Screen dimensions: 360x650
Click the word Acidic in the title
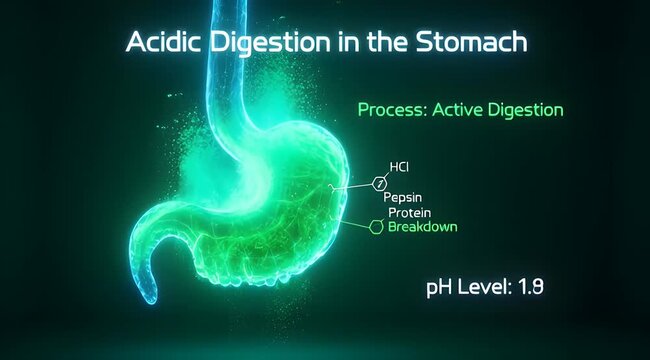point(158,44)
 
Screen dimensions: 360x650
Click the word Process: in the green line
point(391,109)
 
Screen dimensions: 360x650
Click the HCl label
point(400,168)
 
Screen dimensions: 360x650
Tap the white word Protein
point(409,212)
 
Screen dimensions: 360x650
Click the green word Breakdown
point(422,227)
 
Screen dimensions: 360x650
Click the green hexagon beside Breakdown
point(376,227)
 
